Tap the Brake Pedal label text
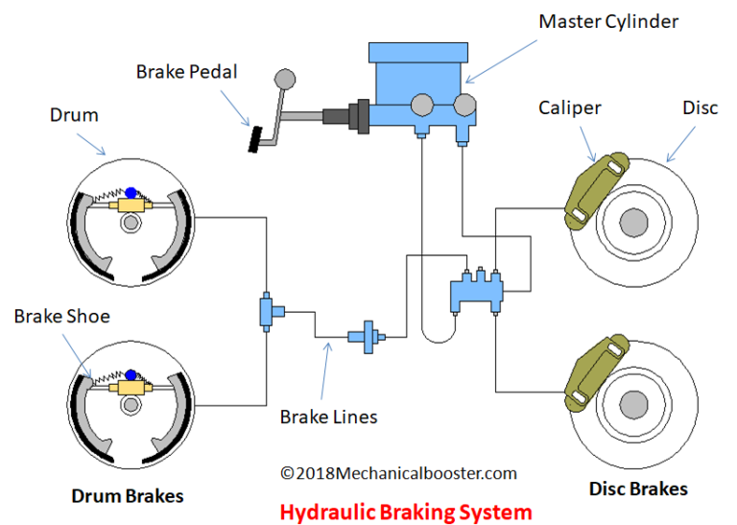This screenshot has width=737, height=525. (x=185, y=71)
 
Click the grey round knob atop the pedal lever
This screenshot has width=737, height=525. (x=284, y=78)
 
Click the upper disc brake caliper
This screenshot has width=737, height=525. (x=590, y=191)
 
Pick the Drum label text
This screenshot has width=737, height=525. (x=74, y=115)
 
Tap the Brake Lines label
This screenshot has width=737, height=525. (x=328, y=417)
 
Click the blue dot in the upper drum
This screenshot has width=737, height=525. (x=131, y=194)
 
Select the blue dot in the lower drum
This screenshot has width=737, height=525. (x=131, y=378)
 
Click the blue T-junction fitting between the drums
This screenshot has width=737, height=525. (x=267, y=313)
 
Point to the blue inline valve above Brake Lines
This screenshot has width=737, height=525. (x=366, y=338)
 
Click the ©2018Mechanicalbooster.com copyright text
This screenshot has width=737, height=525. (x=398, y=472)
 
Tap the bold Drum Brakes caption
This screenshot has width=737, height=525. (x=128, y=496)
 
